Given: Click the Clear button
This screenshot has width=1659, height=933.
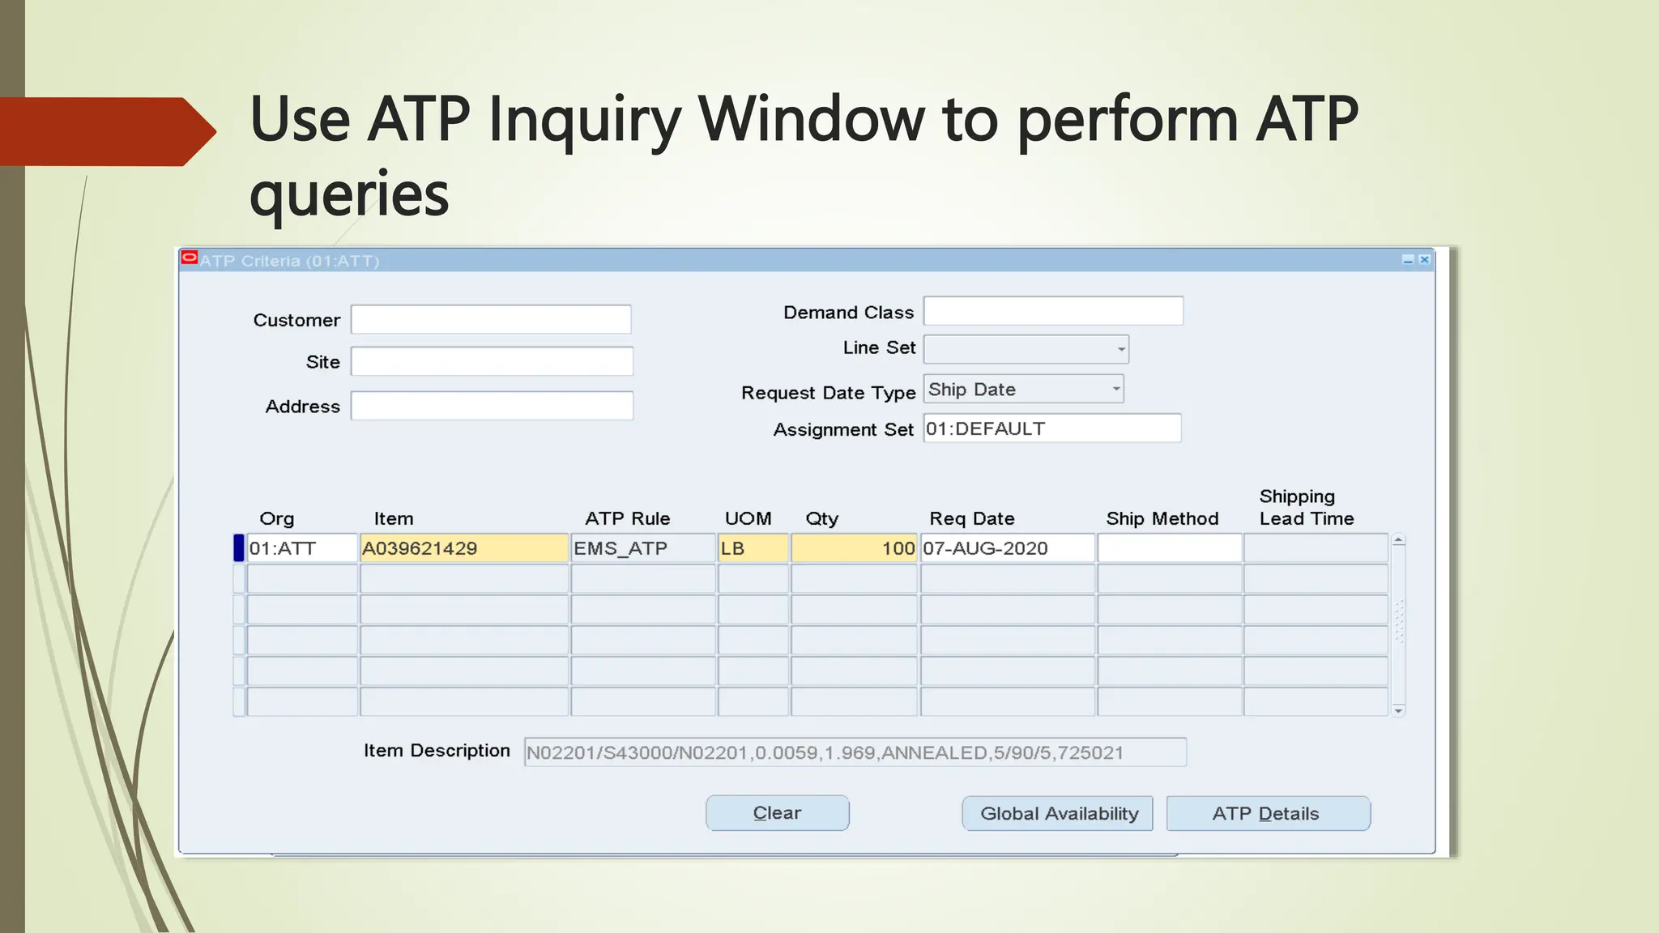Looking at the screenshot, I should [777, 813].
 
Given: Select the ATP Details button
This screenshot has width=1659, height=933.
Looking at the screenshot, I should [1268, 814].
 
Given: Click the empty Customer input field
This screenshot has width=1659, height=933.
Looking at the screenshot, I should [491, 320].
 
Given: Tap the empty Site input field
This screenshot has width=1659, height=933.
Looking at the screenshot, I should [492, 362].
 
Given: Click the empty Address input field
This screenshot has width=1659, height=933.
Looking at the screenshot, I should [492, 406].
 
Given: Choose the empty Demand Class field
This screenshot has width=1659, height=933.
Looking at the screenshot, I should [1053, 312].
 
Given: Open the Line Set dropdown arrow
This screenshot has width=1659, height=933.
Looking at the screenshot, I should [1121, 350].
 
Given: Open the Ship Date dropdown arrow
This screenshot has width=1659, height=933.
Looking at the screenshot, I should [1116, 390].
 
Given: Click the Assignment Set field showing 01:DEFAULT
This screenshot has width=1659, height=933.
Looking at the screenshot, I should [1051, 428].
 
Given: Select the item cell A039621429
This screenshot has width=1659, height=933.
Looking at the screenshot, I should [463, 548].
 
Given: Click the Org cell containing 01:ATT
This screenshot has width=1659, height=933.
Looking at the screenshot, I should [301, 548].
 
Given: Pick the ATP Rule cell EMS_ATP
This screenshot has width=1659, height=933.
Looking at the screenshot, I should [643, 548].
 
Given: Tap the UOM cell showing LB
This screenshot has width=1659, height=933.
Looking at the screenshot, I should [753, 548].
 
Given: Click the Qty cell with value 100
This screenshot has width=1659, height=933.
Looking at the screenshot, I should [854, 548].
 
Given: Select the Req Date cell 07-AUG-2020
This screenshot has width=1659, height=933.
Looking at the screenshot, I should [1007, 548].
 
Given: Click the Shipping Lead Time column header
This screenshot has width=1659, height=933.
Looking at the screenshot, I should [1306, 508].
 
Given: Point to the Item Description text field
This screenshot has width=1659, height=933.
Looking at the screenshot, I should [855, 752].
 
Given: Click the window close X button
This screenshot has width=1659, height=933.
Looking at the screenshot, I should [1424, 260].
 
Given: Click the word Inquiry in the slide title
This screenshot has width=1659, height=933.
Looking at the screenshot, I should [585, 120].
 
